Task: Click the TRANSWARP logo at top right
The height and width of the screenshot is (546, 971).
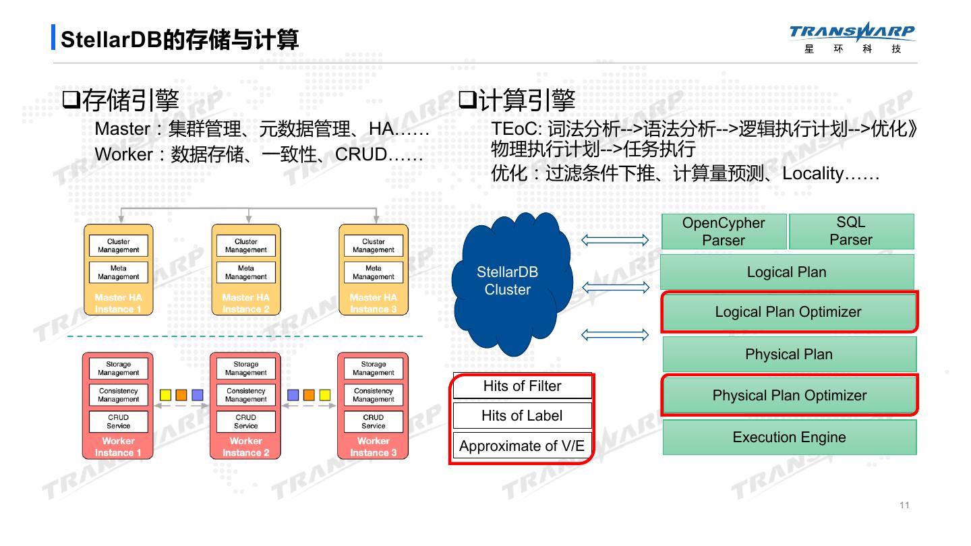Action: coord(852,39)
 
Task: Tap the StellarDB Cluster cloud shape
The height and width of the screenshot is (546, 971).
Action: coord(508,282)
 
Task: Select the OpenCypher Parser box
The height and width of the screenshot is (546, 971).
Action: coord(724,231)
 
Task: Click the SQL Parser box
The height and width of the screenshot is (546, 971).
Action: coord(851,231)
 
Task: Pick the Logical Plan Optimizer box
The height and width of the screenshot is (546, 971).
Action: coord(788,312)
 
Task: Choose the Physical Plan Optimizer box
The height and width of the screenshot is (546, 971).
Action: coord(789,396)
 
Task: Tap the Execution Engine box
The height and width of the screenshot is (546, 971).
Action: coord(789,437)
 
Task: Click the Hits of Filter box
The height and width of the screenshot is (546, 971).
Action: coord(522,386)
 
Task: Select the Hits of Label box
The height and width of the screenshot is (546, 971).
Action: coord(522,416)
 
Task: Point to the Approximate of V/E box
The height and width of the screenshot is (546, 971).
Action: coord(522,446)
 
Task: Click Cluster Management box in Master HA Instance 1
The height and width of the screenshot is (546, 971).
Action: coord(119,246)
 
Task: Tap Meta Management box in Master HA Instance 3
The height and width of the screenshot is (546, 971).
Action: coord(374,272)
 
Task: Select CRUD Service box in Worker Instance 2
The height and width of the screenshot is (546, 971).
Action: coord(246,421)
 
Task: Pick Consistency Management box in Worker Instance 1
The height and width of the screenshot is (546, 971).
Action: coord(119,395)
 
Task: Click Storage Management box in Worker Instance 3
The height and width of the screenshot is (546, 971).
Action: coord(374,369)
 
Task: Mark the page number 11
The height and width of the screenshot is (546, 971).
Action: coord(904,506)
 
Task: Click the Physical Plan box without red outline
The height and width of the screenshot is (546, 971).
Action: coord(789,355)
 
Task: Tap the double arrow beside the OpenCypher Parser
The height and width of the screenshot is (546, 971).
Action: coord(615,240)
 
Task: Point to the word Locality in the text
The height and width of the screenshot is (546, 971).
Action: coord(813,174)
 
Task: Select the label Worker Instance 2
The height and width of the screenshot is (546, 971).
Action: coord(246,447)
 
